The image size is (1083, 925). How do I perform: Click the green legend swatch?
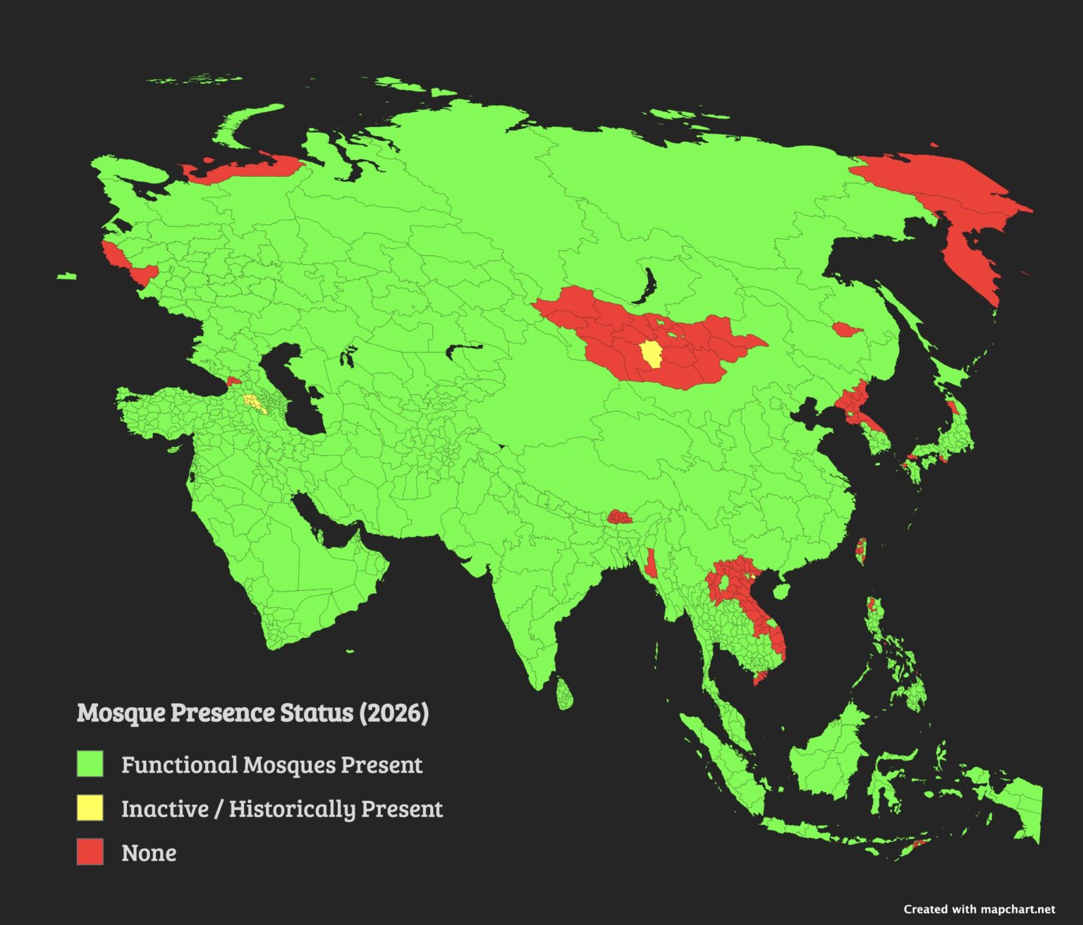(90, 764)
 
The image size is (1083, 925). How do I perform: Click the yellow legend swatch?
(90, 808)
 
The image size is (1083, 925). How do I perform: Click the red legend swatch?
(90, 852)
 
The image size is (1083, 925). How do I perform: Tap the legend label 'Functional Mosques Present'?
(271, 765)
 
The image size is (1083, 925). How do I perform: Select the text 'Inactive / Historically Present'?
(282, 809)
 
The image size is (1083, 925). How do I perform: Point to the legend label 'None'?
(149, 853)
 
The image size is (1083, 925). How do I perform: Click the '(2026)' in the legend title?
(393, 713)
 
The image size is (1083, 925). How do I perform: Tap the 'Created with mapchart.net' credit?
(979, 909)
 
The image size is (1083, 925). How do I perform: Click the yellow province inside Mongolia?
(650, 353)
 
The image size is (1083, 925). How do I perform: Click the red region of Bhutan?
(619, 517)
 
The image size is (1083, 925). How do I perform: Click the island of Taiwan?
(860, 550)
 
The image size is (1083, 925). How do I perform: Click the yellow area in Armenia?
(252, 403)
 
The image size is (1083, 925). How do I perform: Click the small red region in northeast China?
(845, 329)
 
